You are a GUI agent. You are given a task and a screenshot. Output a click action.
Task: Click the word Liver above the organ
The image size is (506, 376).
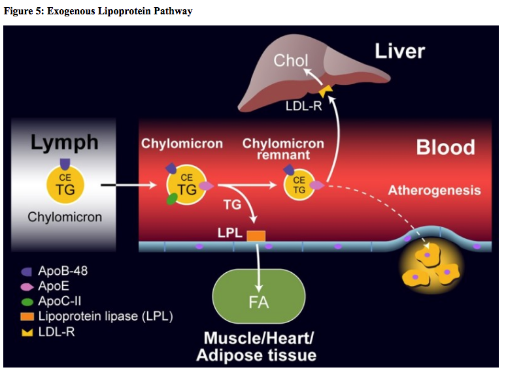coord(399,51)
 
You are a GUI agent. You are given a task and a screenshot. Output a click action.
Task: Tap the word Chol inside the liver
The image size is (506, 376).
coord(291,61)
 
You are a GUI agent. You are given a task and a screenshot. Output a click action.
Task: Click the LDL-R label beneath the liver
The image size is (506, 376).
coord(303,105)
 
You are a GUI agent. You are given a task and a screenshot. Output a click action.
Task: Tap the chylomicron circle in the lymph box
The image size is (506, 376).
coord(65,185)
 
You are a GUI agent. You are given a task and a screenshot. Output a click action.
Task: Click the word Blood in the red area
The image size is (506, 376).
coord(445,147)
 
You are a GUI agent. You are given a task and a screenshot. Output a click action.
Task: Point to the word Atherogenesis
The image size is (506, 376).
coord(434,191)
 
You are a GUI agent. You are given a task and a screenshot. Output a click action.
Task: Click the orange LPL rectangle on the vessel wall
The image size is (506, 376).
coord(256,236)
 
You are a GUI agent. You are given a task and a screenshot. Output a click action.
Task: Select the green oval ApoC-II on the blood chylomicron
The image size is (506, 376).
coord(173,199)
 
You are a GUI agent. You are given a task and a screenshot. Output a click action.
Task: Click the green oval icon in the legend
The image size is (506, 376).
coord(27,302)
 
